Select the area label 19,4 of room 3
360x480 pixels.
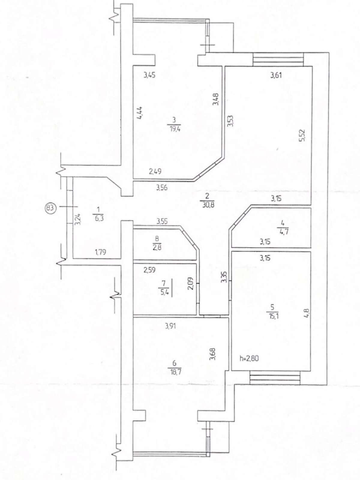click(174, 129)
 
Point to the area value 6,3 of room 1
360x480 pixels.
click(98, 218)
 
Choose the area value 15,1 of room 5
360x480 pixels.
click(272, 316)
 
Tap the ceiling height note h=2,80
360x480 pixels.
click(249, 358)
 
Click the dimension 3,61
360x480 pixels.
click(276, 75)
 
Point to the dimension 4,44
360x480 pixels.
click(140, 112)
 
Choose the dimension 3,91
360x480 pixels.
click(171, 326)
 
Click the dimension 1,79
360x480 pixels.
click(100, 252)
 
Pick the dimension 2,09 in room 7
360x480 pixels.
click(190, 283)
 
